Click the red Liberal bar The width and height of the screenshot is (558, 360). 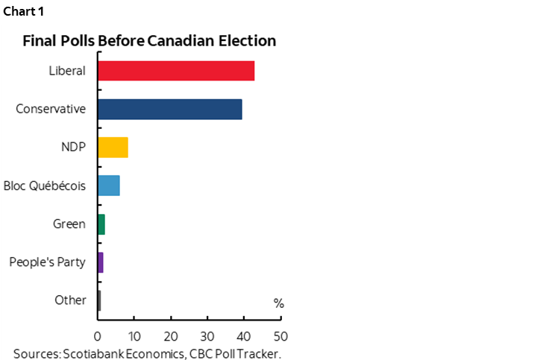coord(176,71)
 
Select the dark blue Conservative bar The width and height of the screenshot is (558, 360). coord(169,109)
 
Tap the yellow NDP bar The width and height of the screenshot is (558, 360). coord(113,148)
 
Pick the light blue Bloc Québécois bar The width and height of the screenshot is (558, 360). coord(109,186)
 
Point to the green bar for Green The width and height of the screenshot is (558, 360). coord(101,224)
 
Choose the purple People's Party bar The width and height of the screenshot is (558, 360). coord(101,262)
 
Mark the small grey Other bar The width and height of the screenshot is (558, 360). coord(99,300)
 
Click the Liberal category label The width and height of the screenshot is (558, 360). coord(66,71)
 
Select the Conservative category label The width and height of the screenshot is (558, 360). coord(51,109)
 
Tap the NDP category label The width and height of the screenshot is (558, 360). coord(73,148)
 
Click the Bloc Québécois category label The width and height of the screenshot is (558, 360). coord(45,186)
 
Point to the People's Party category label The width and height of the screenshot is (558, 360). coord(48,262)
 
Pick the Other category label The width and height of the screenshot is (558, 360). coord(70,300)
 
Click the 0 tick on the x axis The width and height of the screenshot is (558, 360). coord(98,335)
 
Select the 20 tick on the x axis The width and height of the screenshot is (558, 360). coord(171,335)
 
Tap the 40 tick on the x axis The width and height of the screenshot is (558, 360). coord(244,335)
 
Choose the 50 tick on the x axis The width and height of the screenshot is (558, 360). coord(280,335)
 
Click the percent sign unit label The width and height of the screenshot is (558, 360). coord(278,303)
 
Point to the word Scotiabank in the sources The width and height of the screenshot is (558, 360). coord(93,353)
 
